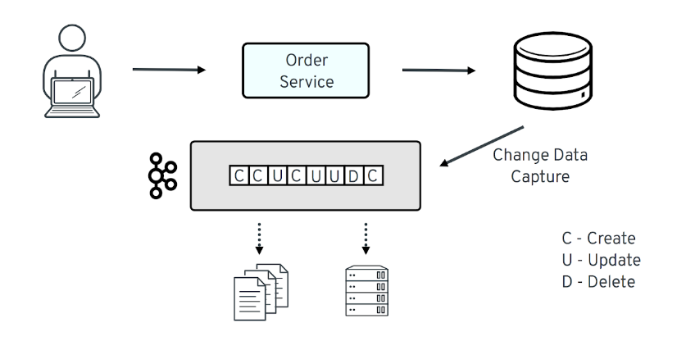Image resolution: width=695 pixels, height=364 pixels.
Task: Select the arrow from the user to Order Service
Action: pyautogui.click(x=168, y=70)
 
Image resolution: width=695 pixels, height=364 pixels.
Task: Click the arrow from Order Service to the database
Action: pyautogui.click(x=438, y=71)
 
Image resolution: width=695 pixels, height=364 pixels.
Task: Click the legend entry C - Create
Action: pyautogui.click(x=598, y=239)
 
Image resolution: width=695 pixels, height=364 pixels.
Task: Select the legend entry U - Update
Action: pyautogui.click(x=601, y=260)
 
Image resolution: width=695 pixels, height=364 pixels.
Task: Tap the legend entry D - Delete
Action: pyautogui.click(x=598, y=281)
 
